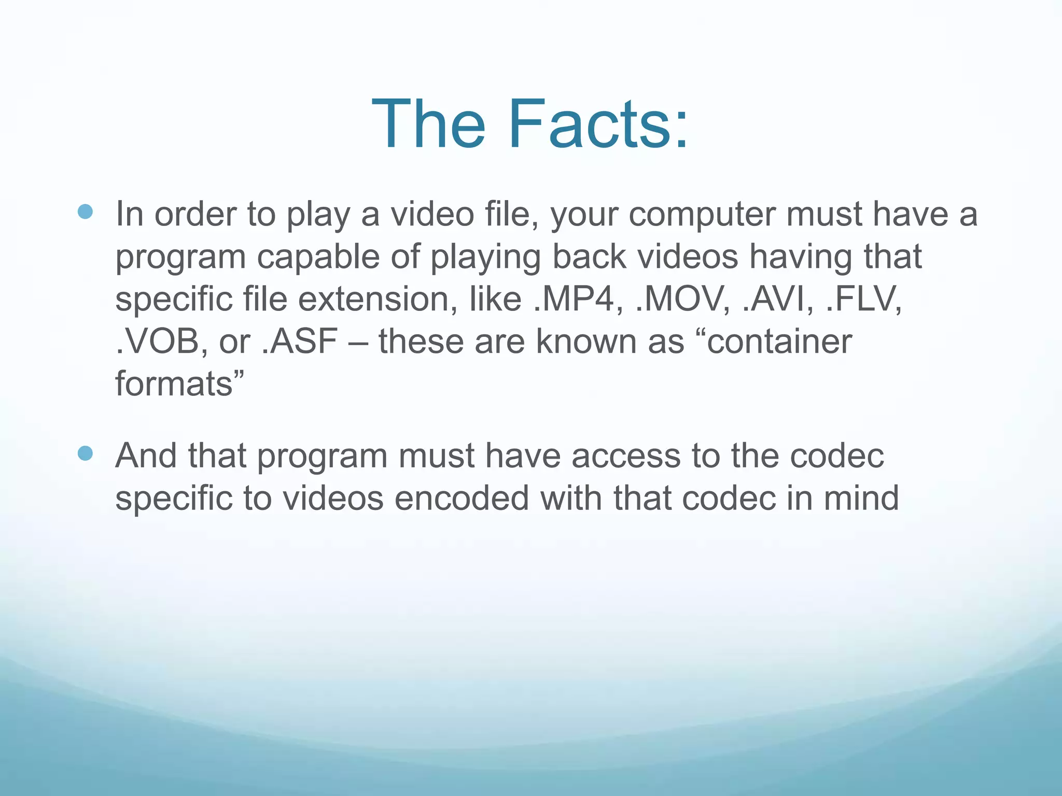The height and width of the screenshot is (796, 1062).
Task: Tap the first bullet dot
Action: pos(85,211)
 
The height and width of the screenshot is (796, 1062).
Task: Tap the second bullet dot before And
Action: pos(85,453)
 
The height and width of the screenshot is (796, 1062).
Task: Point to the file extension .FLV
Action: pos(864,299)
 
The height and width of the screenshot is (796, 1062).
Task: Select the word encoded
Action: pos(462,498)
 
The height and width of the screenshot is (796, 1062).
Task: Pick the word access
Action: pos(626,456)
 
